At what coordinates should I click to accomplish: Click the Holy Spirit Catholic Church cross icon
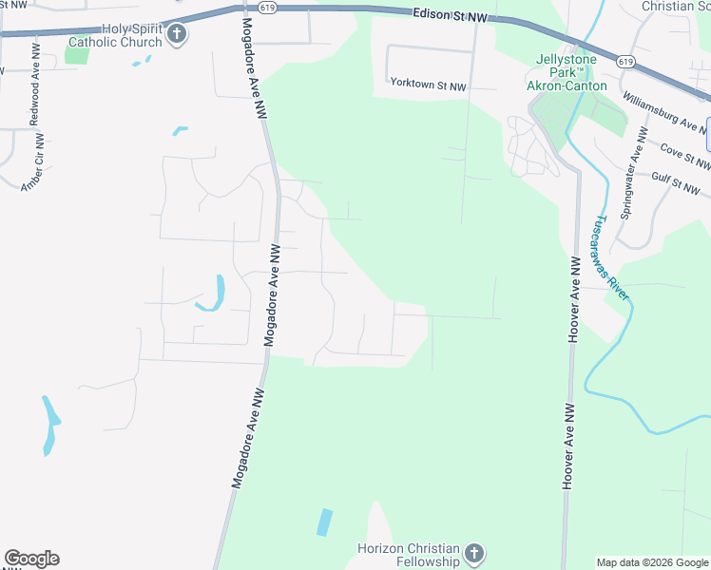(176, 35)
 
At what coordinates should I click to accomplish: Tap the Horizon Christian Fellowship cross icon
(474, 553)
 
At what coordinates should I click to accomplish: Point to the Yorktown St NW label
(429, 85)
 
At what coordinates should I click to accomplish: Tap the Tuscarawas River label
(611, 256)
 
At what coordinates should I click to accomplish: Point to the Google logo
(31, 559)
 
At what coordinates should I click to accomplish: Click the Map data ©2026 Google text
(652, 562)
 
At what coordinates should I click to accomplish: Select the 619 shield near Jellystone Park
(625, 62)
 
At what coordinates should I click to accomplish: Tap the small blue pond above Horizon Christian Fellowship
(325, 522)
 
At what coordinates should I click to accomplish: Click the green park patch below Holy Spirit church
(77, 54)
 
